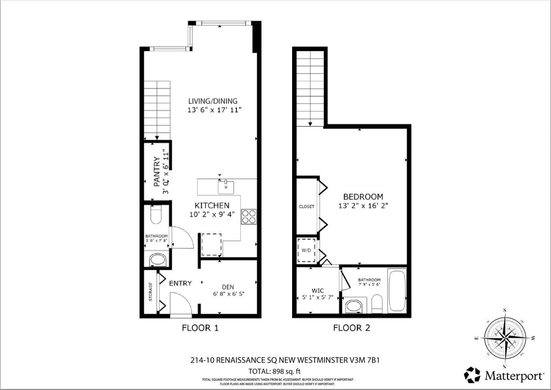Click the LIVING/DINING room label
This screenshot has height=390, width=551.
point(213,101)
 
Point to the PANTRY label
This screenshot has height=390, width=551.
point(157,172)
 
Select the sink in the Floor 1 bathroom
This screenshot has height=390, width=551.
point(157,260)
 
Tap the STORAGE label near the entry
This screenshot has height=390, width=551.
point(151,292)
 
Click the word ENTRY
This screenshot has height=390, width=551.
point(180,284)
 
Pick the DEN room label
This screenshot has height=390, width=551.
point(228,287)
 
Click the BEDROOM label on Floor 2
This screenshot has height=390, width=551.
point(363,197)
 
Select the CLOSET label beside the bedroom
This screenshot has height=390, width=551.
point(307,207)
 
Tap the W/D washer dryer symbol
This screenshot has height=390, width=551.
point(307,251)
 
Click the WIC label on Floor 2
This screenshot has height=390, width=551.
point(317,291)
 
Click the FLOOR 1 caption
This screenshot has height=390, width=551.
point(200,328)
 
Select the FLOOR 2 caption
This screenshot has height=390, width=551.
point(351,328)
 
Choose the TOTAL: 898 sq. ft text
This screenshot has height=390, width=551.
point(274,371)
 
